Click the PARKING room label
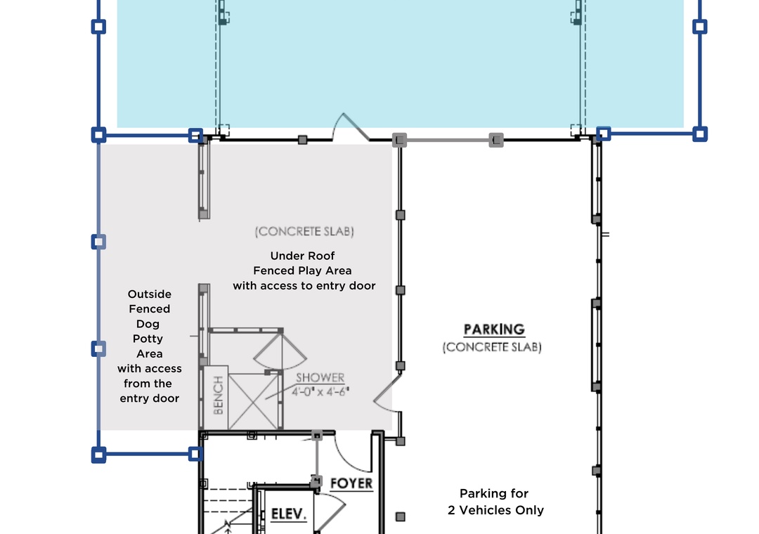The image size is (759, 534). [494, 330]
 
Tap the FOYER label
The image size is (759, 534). [351, 483]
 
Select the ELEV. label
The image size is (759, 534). [289, 514]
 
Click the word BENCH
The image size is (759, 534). [218, 395]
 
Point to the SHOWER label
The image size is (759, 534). [320, 377]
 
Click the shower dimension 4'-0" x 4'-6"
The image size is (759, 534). [320, 391]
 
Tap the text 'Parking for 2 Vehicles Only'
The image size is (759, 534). [495, 502]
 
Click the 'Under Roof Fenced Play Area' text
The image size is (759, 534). [302, 263]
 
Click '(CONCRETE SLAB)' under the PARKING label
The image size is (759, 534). [492, 347]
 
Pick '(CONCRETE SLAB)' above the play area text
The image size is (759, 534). [304, 231]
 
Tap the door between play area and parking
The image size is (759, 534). [387, 392]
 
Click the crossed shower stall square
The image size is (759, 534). [253, 401]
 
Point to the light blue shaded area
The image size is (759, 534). [401, 63]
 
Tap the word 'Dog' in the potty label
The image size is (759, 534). [148, 324]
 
